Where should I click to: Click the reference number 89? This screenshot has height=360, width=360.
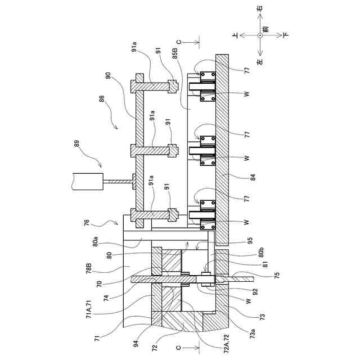pyautogui.click(x=77, y=143)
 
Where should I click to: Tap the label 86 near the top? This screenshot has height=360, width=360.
pyautogui.click(x=101, y=99)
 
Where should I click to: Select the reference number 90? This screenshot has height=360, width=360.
pyautogui.click(x=108, y=75)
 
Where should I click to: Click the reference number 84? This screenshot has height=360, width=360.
pyautogui.click(x=253, y=177)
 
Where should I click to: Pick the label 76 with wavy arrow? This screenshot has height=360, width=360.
pyautogui.click(x=87, y=223)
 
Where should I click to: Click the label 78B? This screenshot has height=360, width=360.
pyautogui.click(x=89, y=269)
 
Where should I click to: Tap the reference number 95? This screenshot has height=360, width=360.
pyautogui.click(x=250, y=240)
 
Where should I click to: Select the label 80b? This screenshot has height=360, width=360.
pyautogui.click(x=261, y=253)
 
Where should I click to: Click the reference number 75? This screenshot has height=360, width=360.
pyautogui.click(x=277, y=275)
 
